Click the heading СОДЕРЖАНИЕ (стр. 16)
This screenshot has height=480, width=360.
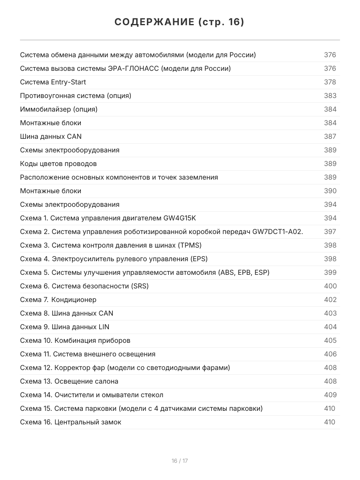click(180, 22)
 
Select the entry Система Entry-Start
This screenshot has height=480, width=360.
click(53, 82)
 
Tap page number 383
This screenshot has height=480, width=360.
click(330, 96)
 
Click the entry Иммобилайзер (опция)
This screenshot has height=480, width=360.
click(59, 109)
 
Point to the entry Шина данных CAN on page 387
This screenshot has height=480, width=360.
click(51, 136)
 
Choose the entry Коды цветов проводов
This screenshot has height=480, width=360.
click(58, 164)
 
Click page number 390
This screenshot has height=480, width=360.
click(330, 191)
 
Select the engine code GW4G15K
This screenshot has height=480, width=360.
click(180, 218)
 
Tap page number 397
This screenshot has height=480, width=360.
click(330, 232)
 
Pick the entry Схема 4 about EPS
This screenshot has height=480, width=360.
click(114, 259)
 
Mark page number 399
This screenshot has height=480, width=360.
click(330, 272)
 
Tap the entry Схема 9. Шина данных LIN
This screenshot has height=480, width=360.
click(65, 327)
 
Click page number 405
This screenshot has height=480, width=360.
click(330, 340)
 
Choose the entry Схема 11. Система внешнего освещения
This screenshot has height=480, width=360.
click(88, 354)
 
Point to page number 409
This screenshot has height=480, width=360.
click(330, 395)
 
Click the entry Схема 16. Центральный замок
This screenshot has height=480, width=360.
click(71, 422)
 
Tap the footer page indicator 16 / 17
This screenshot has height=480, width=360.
click(180, 461)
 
